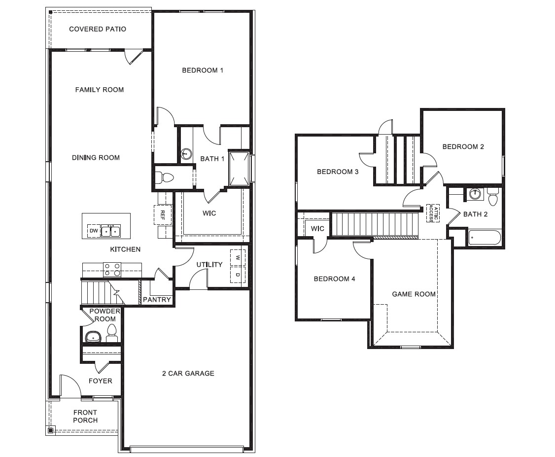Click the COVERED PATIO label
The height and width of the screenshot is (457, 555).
98,29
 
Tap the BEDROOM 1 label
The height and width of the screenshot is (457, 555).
203,70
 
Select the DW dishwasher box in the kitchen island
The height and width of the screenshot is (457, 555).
93,231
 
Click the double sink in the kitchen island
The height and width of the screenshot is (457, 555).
111,230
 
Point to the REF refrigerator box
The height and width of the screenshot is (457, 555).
163,215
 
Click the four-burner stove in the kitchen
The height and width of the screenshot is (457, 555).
112,269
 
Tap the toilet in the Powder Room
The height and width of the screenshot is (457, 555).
112,333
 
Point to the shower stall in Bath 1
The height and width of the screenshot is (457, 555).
239,168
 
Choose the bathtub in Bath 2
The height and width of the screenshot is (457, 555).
484,238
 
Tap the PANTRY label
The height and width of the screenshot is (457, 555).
157,300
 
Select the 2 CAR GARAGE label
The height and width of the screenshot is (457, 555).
188,374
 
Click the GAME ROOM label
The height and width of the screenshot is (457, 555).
414,294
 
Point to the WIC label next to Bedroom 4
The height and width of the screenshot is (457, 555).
317,229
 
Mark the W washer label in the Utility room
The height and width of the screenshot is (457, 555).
237,257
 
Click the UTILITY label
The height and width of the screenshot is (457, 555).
209,265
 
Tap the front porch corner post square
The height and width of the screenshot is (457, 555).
50,430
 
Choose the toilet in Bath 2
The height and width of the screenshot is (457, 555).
492,197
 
